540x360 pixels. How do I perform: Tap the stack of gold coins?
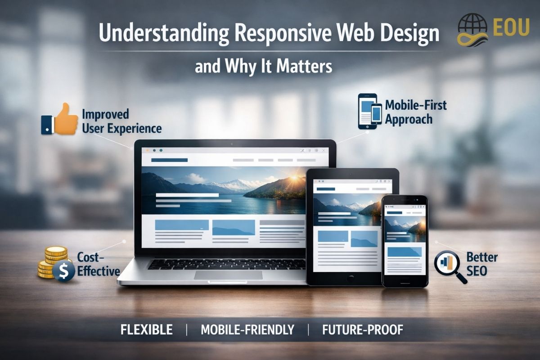click(50, 261)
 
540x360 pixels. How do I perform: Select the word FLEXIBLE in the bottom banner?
click(146, 329)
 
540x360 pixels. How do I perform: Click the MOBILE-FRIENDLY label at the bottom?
click(247, 329)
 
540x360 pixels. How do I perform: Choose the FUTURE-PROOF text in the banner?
click(363, 329)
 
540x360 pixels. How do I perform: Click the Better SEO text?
click(482, 265)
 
